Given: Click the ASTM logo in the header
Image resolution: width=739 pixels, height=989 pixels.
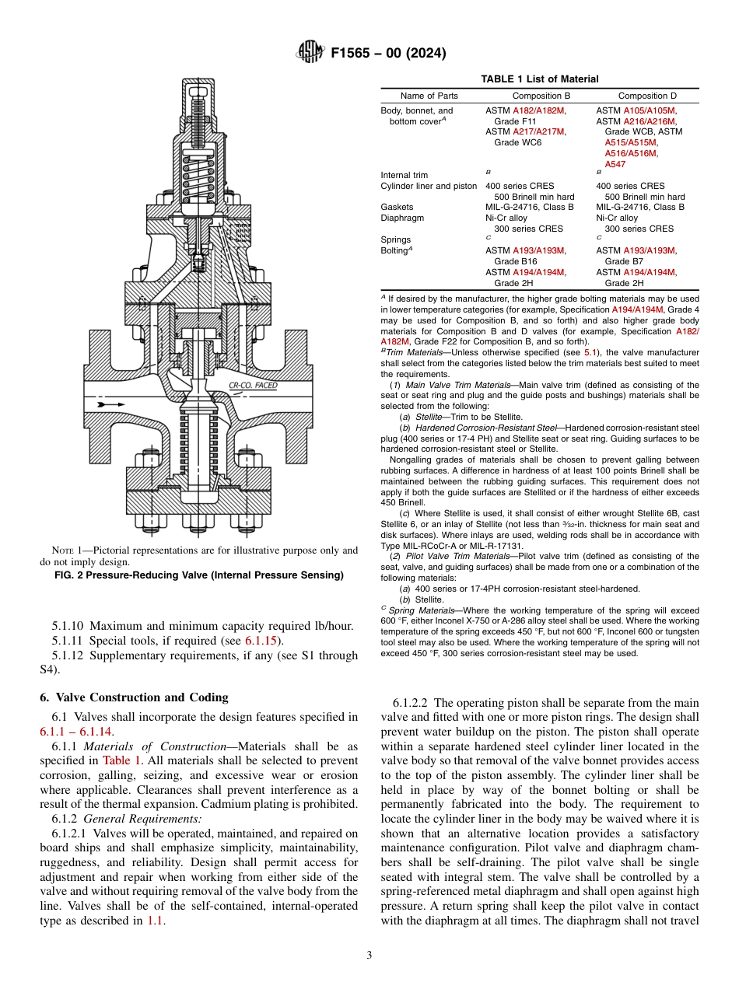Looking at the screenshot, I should (x=310, y=53).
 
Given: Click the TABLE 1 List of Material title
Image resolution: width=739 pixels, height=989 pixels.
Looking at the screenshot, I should (x=539, y=79).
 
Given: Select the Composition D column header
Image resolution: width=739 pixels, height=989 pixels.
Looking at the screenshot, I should (x=647, y=96).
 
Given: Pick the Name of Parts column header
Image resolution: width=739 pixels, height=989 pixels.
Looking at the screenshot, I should (x=429, y=96).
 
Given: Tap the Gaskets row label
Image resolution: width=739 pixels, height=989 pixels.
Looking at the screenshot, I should (x=397, y=208).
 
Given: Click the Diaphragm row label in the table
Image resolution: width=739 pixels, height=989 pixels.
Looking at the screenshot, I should (x=402, y=218).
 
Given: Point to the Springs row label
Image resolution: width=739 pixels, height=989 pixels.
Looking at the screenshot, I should (x=396, y=239).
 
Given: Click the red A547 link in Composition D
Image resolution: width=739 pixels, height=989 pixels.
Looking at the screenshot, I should (x=615, y=164).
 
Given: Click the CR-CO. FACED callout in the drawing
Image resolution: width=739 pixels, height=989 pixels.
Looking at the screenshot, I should (x=253, y=386).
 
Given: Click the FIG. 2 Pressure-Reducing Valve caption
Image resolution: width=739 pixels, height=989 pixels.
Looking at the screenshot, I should (x=199, y=575).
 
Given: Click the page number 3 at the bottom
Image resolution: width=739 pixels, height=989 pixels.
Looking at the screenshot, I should (x=369, y=955).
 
